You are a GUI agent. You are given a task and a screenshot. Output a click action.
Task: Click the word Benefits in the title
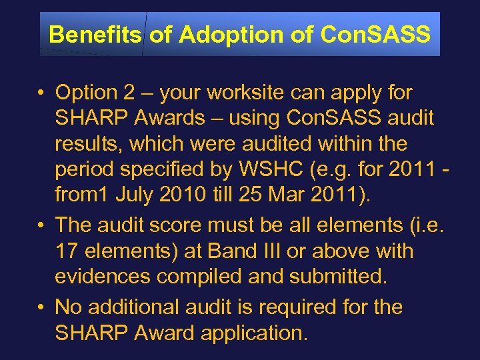click(95, 34)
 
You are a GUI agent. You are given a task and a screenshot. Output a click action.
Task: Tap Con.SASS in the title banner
click(375, 34)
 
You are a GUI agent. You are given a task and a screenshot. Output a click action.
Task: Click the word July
click(132, 197)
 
